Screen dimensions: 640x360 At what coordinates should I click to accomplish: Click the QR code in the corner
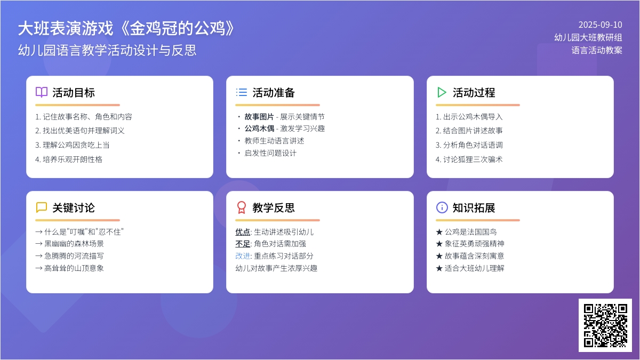605,325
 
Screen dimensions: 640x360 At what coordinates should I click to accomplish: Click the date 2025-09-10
601,25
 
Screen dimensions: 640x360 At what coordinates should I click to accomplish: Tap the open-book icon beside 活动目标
42,92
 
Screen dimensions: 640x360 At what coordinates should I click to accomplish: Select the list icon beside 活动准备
242,92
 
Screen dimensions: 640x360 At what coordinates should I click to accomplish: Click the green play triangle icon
442,92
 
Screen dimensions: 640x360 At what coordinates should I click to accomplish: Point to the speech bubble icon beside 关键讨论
42,207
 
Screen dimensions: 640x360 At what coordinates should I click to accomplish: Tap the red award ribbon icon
242,207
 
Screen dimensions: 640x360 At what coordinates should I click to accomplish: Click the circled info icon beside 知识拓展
442,207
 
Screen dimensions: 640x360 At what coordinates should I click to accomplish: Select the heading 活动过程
474,93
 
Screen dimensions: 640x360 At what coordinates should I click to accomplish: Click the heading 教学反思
274,207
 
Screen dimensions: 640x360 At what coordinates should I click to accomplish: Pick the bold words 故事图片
259,117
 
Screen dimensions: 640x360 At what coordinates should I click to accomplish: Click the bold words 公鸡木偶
259,129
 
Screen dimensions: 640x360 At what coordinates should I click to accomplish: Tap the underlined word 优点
243,232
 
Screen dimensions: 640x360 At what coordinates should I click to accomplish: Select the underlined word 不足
243,244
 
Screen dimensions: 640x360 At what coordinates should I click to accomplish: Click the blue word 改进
243,255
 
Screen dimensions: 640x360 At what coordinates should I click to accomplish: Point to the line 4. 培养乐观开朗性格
69,159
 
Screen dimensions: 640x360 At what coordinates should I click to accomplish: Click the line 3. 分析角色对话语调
469,145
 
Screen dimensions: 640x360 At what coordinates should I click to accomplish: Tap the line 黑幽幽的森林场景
69,244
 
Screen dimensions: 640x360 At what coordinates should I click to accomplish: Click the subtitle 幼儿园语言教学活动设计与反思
107,50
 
